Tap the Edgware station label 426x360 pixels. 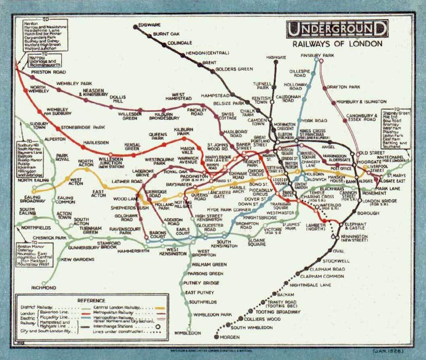coord(148,25)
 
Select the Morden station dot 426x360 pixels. coord(217,336)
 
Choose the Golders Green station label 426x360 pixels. coord(233,70)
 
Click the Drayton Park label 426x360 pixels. coord(344,87)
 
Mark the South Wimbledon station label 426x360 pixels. coord(251,327)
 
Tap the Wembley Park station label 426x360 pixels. coord(74,84)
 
